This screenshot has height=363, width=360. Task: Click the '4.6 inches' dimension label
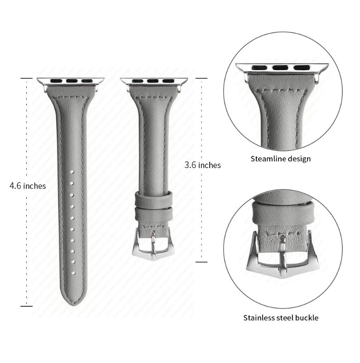tap(28, 186)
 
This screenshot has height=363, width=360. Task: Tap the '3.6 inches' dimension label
tap(202, 165)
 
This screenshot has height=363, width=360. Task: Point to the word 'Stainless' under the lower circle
tap(259, 318)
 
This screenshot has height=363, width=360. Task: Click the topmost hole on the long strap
tap(72, 172)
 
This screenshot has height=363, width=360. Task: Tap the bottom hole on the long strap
tap(73, 273)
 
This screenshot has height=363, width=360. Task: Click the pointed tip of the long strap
tap(73, 305)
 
